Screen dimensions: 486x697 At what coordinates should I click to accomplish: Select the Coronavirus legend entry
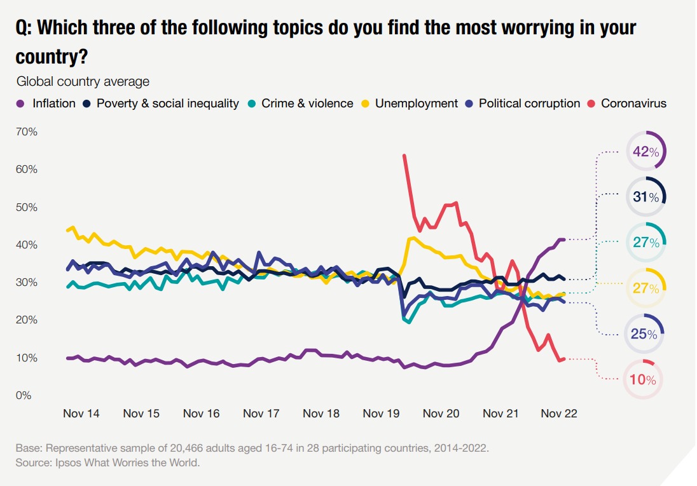626,103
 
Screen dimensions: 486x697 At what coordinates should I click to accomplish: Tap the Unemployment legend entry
409,103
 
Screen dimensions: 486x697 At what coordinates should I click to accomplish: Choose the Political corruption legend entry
521,103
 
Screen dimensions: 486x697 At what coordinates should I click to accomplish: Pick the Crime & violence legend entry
301,103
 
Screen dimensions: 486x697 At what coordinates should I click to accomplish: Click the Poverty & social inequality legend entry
160,103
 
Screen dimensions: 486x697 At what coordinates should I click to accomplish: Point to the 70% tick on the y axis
27,132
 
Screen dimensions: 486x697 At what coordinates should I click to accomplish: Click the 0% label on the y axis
24,396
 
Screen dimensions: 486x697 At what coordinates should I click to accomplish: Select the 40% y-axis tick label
27,245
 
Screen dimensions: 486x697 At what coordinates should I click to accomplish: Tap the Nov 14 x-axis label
81,414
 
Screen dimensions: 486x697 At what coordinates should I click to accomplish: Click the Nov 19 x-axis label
381,414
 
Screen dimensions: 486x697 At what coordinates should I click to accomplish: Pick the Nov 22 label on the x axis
559,414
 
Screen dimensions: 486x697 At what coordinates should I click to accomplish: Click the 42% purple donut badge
645,151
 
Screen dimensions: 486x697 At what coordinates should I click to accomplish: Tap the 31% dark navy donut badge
645,197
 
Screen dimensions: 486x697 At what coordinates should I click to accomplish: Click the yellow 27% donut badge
645,288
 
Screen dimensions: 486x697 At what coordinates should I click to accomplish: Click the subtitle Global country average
83,81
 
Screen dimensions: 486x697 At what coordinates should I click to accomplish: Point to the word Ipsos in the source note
71,462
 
